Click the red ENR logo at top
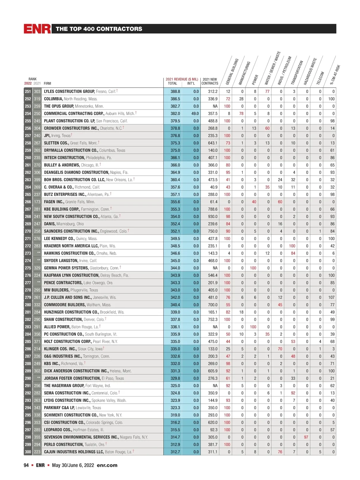tap(37, 29)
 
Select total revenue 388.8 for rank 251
tap(175, 91)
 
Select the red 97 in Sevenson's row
tap(306, 437)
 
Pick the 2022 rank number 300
tap(28, 452)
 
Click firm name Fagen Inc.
tap(54, 202)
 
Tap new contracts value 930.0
tap(213, 217)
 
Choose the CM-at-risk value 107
tap(331, 297)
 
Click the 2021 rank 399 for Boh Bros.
tap(37, 180)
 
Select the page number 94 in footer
tap(26, 465)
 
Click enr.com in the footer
tap(107, 465)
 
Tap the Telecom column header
tap(320, 78)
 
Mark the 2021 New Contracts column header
tap(210, 81)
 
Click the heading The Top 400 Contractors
tap(99, 29)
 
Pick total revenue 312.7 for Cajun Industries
tap(175, 452)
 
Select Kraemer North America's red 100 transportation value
tap(292, 246)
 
